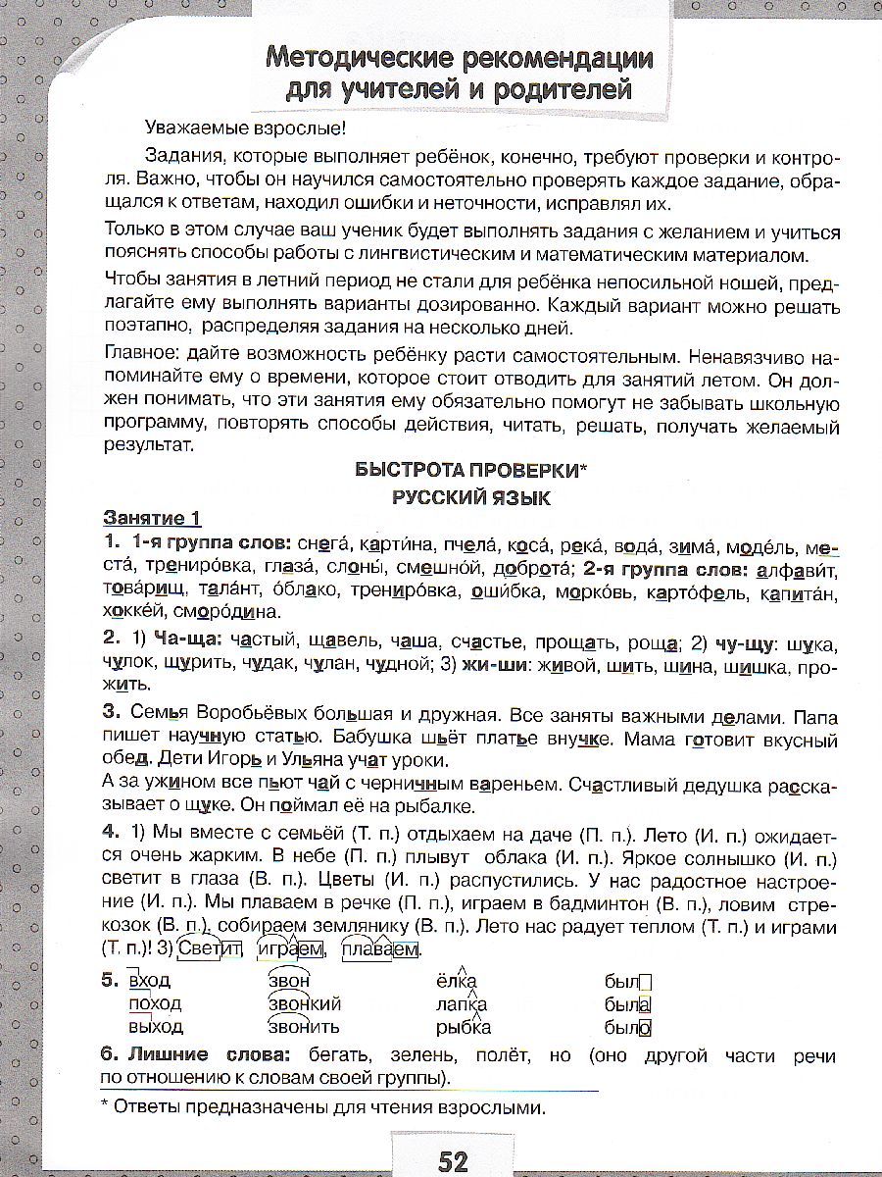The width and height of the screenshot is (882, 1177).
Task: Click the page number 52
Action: tap(453, 1162)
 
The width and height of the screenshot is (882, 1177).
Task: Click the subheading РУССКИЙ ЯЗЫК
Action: tap(471, 497)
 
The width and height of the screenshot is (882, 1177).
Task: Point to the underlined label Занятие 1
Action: tap(153, 520)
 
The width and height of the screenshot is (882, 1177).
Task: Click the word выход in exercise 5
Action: tap(156, 1027)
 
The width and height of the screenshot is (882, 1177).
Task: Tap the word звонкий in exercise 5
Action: tap(304, 1003)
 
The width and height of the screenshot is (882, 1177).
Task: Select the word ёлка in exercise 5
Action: tap(456, 981)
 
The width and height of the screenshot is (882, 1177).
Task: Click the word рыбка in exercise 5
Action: tap(464, 1027)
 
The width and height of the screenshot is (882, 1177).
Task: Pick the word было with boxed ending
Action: tap(628, 1027)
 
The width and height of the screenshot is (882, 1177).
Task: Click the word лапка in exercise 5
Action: tap(462, 1003)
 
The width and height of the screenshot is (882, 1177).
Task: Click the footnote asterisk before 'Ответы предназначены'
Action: tap(107, 1108)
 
